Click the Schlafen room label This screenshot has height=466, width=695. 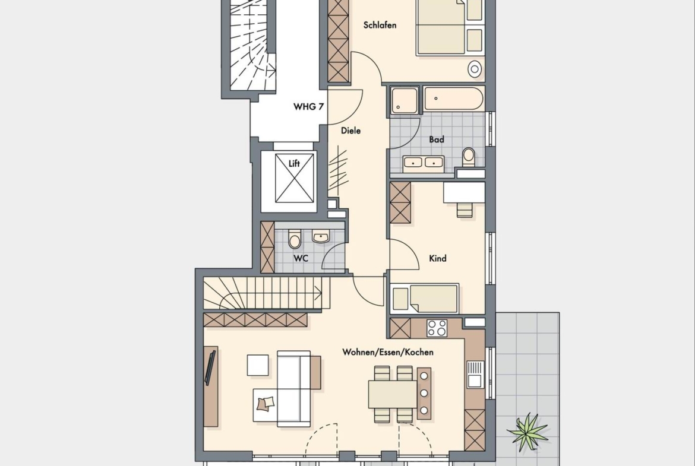click(x=380, y=26)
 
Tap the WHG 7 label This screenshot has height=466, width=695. click(x=308, y=107)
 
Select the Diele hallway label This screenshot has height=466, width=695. click(x=350, y=131)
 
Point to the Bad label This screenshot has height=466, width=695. click(x=437, y=140)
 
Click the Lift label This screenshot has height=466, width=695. click(x=294, y=163)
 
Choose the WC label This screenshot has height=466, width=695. click(x=301, y=258)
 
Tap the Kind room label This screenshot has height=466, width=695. click(x=437, y=258)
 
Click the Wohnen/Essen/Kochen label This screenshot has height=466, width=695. click(x=388, y=352)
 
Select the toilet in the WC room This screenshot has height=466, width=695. click(x=295, y=239)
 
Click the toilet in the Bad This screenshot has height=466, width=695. click(x=469, y=157)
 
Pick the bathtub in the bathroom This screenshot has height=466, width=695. click(x=453, y=99)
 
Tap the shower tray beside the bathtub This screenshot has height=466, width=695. click(x=405, y=100)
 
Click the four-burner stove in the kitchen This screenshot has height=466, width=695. click(x=437, y=328)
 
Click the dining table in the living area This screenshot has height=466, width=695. click(x=393, y=394)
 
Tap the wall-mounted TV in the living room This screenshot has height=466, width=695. click(x=210, y=367)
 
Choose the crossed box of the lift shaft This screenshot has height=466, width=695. click(x=294, y=177)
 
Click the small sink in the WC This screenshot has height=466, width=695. click(x=320, y=236)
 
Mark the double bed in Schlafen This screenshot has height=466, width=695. click(x=450, y=27)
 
